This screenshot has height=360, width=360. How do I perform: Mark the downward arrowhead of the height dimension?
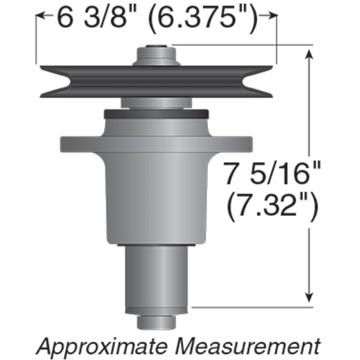(x=309, y=297)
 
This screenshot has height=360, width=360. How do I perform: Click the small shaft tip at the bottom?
(x=156, y=322)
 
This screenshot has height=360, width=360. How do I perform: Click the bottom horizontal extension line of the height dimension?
(x=252, y=307)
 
